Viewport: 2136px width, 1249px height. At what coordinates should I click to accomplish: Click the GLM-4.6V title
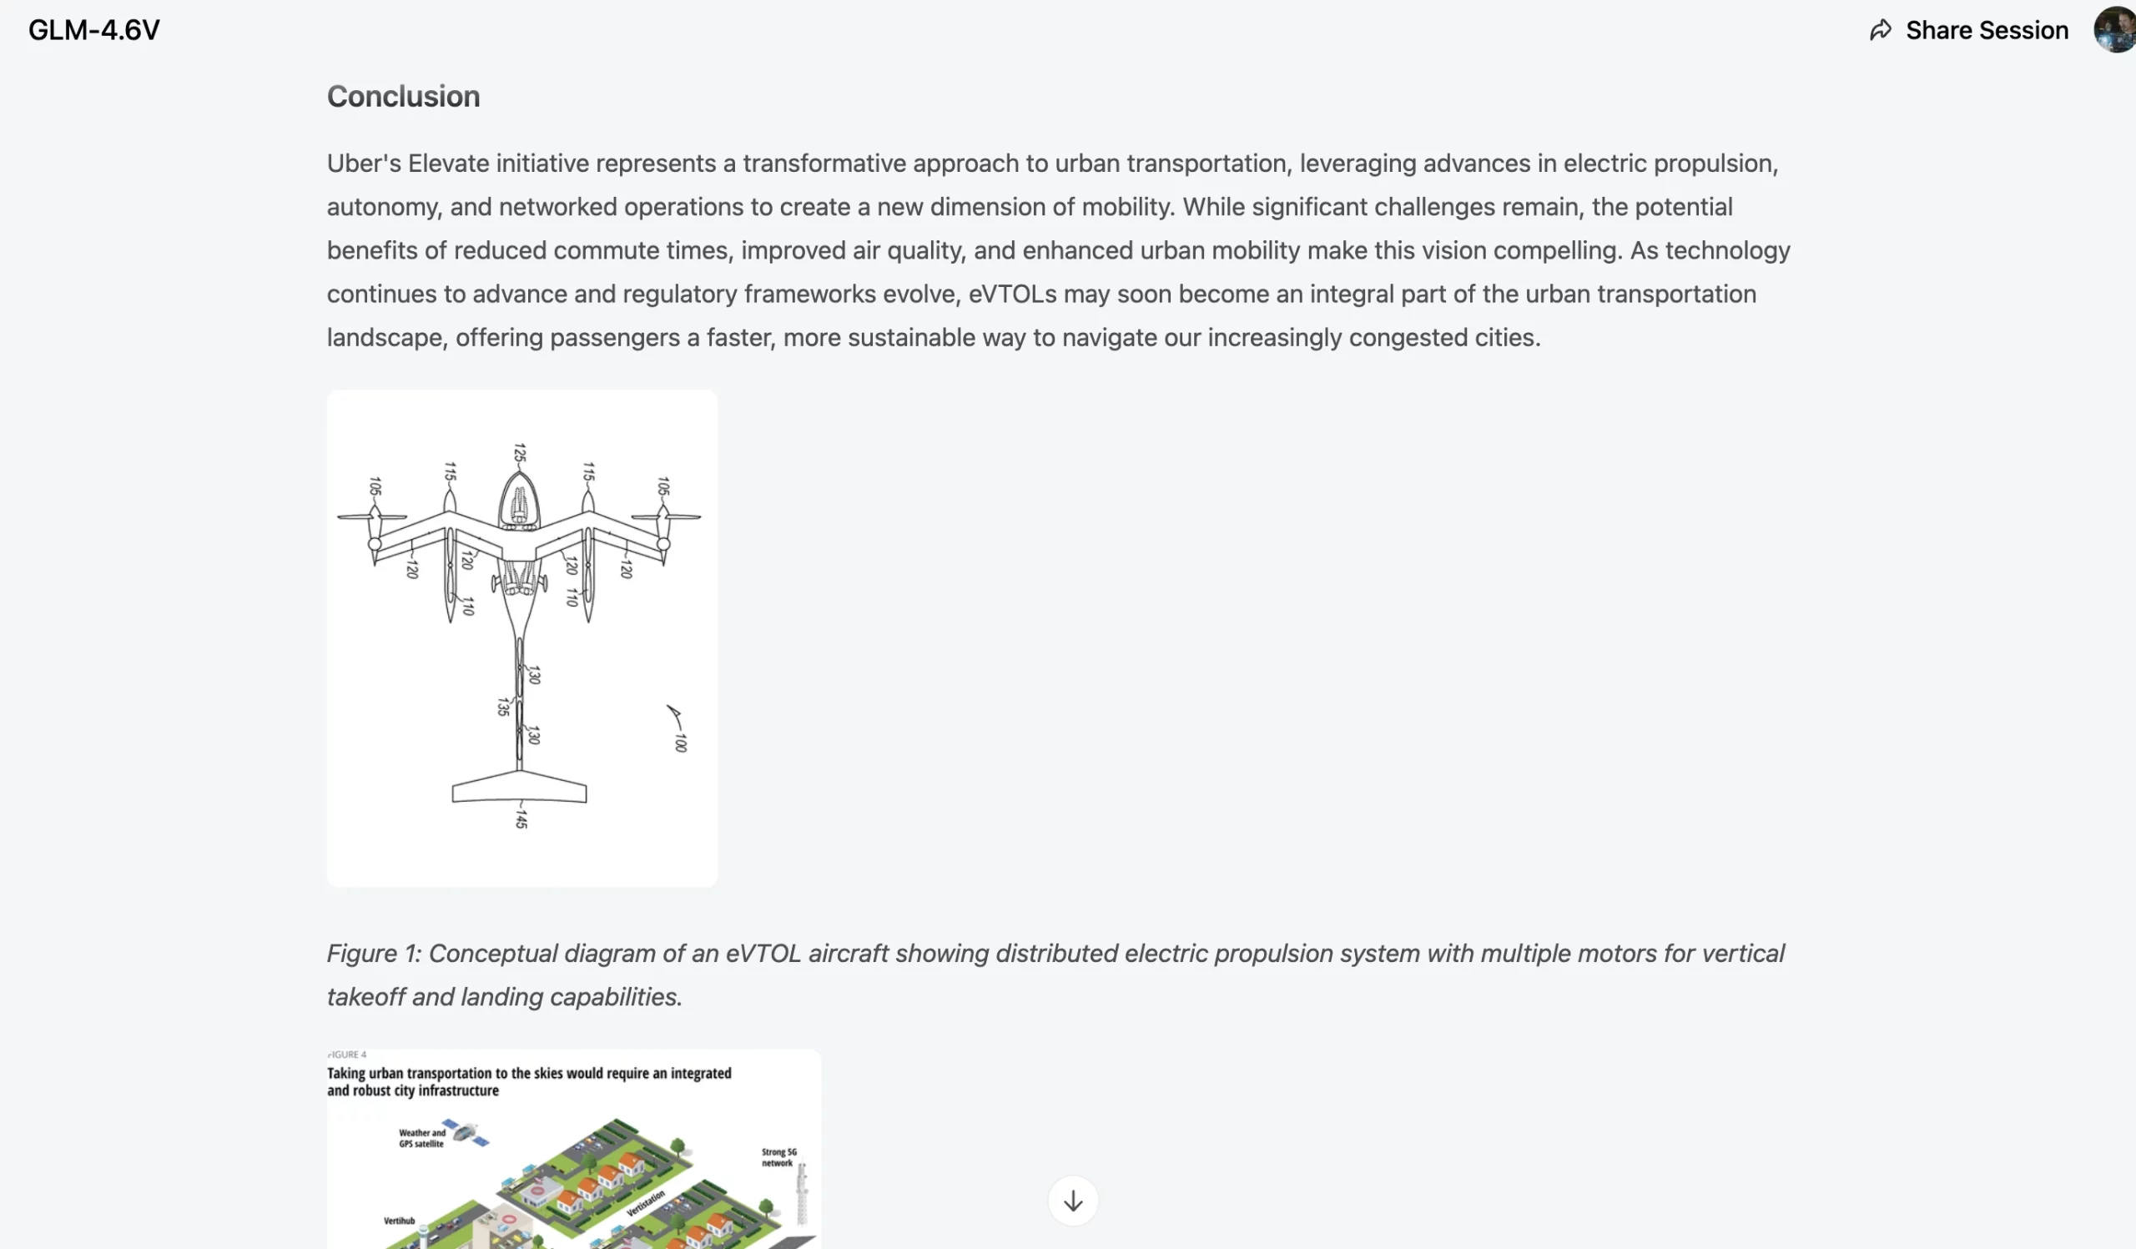[93, 31]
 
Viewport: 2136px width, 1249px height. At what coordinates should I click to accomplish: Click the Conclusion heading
[404, 97]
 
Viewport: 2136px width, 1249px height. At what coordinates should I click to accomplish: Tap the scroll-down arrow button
[1072, 1201]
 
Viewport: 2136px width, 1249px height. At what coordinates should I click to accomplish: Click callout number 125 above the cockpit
[520, 453]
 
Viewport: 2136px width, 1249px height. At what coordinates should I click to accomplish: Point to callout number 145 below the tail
[521, 818]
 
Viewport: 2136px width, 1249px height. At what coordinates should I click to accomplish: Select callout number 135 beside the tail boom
[502, 707]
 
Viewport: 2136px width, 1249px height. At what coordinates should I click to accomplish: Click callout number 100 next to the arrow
[680, 743]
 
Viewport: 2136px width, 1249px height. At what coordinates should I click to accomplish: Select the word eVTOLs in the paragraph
[1012, 294]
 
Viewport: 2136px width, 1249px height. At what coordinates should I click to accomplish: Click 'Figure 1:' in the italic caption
[374, 954]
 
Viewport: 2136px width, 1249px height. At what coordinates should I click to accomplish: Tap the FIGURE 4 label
[348, 1055]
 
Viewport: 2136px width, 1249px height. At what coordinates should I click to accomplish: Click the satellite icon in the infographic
[466, 1133]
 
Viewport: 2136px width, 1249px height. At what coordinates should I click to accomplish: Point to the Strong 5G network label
[778, 1157]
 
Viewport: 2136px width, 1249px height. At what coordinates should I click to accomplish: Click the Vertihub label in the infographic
[399, 1221]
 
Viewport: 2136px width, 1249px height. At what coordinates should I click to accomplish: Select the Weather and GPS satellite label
[421, 1138]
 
